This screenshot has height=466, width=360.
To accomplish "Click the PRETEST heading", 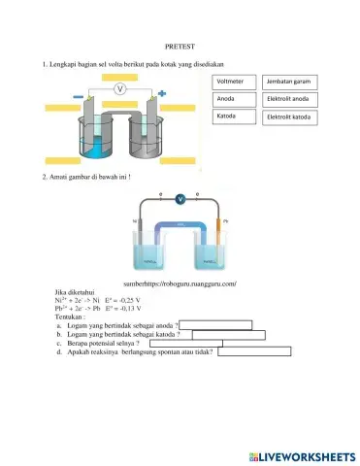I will coord(180,46).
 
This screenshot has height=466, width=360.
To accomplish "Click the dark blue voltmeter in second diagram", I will coord(180,199).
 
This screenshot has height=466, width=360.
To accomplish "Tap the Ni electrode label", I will coord(134,221).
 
